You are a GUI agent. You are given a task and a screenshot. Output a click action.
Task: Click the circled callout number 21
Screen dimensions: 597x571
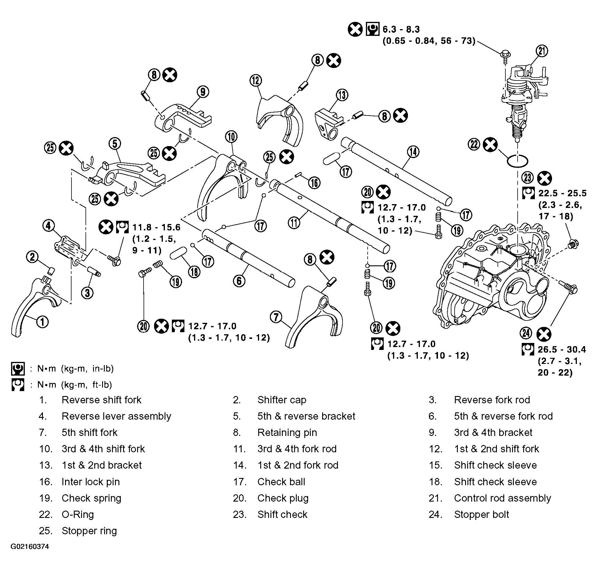(x=542, y=51)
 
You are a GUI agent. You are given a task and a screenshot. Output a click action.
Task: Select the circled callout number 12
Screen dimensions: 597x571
(x=256, y=81)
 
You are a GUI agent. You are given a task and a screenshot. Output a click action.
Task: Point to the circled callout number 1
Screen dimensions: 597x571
(x=42, y=322)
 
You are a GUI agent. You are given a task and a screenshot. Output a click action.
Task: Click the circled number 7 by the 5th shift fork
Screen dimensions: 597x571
(x=276, y=318)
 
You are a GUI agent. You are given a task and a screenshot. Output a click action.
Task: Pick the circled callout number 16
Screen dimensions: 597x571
(x=314, y=183)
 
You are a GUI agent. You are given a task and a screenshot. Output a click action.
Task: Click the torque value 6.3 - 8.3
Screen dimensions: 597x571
(x=401, y=29)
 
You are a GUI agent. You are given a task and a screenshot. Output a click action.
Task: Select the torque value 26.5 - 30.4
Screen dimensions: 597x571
(x=562, y=349)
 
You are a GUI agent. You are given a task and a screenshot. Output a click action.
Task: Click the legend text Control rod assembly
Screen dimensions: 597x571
(x=502, y=498)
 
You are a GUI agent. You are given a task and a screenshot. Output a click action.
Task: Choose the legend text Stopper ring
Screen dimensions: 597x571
(x=89, y=531)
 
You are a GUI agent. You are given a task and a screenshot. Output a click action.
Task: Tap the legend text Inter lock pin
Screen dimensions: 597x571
(x=91, y=482)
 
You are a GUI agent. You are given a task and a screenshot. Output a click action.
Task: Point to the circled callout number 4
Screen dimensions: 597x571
(x=48, y=226)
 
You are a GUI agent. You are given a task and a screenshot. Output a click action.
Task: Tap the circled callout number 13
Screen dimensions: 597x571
(x=342, y=95)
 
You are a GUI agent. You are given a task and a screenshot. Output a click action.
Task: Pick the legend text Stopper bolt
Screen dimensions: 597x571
(x=481, y=514)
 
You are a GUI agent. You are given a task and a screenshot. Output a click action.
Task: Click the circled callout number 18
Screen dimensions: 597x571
(x=194, y=272)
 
